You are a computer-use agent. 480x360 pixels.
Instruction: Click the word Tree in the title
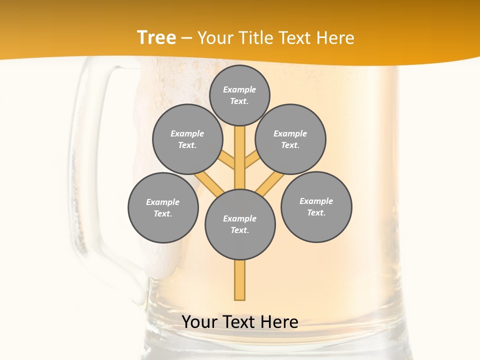click(156, 38)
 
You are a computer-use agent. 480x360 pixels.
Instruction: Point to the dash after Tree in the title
click(186, 38)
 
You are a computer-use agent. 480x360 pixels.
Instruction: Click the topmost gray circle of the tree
click(239, 95)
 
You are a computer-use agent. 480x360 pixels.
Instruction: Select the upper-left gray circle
click(187, 139)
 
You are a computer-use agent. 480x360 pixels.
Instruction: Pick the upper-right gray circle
click(290, 139)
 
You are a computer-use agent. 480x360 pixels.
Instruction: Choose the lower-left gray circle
click(163, 207)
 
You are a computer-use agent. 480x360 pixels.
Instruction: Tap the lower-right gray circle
click(316, 206)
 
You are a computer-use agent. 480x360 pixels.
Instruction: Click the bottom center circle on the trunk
click(240, 224)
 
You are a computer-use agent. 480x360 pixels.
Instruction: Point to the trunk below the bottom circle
click(240, 280)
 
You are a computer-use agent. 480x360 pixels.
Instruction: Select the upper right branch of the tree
click(251, 160)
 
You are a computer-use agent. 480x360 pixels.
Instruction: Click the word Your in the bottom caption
click(199, 322)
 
